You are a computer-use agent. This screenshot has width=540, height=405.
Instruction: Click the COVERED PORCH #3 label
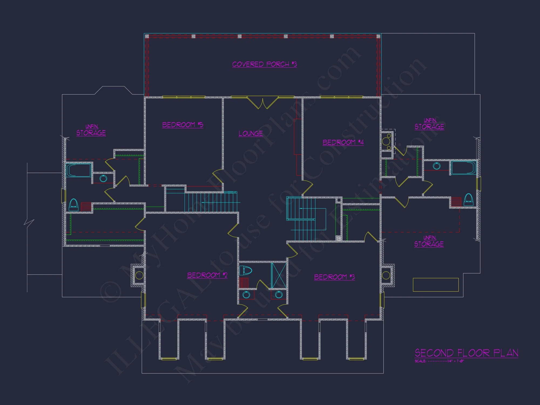[264, 64]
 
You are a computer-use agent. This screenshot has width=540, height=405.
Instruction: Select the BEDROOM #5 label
[183, 125]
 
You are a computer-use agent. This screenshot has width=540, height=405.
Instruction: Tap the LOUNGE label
[251, 133]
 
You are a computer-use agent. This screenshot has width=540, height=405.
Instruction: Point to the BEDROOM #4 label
[343, 142]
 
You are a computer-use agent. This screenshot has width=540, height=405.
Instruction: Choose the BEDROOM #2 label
[207, 275]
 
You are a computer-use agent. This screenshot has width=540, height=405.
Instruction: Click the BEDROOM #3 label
[334, 277]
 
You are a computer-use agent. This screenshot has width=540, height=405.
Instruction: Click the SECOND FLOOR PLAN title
[466, 353]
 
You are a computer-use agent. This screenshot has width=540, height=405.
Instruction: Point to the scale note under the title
[439, 361]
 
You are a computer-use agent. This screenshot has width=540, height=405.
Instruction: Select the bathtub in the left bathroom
[78, 170]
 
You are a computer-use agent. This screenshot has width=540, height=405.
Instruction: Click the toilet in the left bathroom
[73, 205]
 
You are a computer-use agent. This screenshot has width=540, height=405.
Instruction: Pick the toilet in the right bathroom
[468, 200]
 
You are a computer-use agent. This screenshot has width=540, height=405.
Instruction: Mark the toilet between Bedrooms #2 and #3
[245, 270]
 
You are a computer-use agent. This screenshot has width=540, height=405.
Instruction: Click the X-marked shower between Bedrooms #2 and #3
[279, 275]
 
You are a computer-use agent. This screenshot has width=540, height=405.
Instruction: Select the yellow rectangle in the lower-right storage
[436, 285]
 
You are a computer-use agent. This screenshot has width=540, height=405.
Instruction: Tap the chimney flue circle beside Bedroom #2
[139, 275]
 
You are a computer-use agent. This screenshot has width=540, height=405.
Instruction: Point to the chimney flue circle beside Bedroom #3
[386, 275]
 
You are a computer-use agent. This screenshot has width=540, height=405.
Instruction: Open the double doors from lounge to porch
[263, 103]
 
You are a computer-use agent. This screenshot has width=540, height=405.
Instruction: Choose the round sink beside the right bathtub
[437, 166]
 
